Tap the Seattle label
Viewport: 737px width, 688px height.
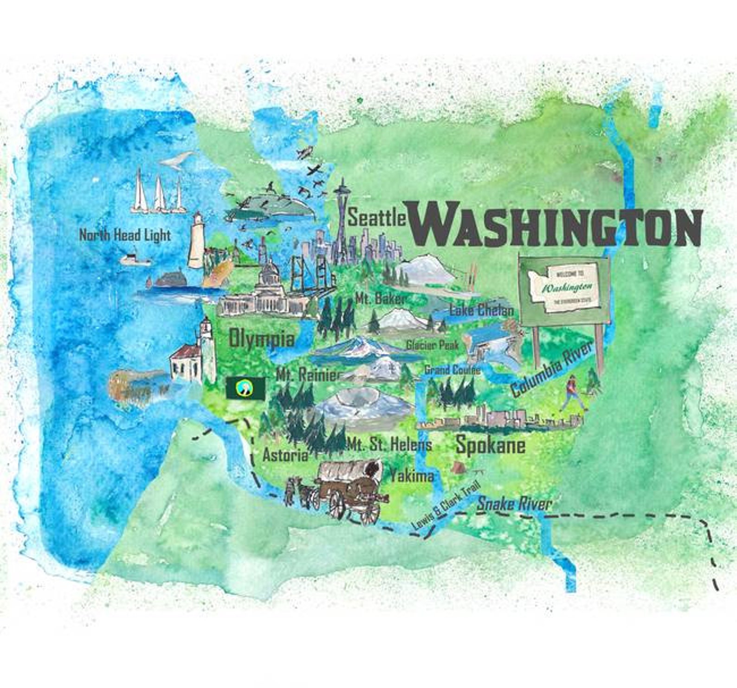[377, 218]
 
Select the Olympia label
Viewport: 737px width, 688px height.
[262, 339]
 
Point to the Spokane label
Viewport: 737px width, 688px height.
[491, 445]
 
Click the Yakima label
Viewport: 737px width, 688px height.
[412, 475]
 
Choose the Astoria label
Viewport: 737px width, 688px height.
[285, 455]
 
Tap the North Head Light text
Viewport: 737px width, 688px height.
[125, 235]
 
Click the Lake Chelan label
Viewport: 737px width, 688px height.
[482, 310]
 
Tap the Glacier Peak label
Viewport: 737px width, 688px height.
[432, 345]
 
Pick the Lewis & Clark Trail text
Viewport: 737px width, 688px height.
[445, 505]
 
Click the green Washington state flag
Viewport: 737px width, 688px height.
[246, 388]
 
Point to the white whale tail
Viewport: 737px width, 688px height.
[176, 159]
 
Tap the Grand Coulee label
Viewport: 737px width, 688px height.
[452, 370]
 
